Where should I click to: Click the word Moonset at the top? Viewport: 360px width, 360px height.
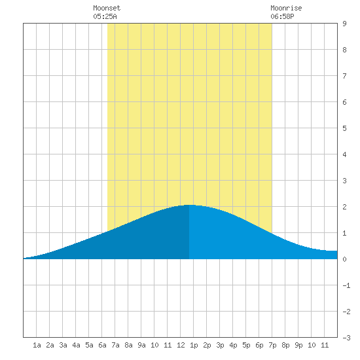click(x=107, y=8)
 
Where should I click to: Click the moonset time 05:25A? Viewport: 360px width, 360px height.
click(x=105, y=16)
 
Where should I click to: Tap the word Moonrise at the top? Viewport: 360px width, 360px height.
click(x=286, y=8)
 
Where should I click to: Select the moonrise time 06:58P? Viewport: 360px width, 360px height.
click(x=282, y=16)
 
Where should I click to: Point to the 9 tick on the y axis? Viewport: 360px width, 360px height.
click(x=344, y=24)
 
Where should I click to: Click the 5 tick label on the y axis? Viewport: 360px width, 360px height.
click(x=344, y=128)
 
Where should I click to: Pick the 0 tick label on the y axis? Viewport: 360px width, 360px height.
click(x=344, y=259)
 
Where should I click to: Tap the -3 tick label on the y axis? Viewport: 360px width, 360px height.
click(x=346, y=338)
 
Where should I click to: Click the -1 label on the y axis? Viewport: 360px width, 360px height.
click(x=346, y=285)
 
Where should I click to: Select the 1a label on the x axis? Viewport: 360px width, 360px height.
click(x=37, y=345)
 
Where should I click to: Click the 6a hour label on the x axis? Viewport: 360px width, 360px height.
click(x=102, y=345)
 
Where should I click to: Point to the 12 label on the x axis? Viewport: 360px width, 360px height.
click(x=181, y=345)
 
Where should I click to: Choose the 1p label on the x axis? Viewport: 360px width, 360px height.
click(x=194, y=345)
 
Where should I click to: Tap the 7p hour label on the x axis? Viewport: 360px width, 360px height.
click(x=272, y=345)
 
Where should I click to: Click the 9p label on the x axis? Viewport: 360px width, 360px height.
click(x=298, y=345)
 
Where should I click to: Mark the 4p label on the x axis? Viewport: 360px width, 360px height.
click(x=233, y=345)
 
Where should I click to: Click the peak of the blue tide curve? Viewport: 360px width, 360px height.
click(x=189, y=205)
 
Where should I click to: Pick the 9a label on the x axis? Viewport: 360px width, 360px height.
click(x=141, y=345)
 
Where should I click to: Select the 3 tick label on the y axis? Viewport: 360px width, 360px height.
click(x=344, y=181)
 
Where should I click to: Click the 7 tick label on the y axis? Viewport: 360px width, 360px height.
click(x=344, y=76)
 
